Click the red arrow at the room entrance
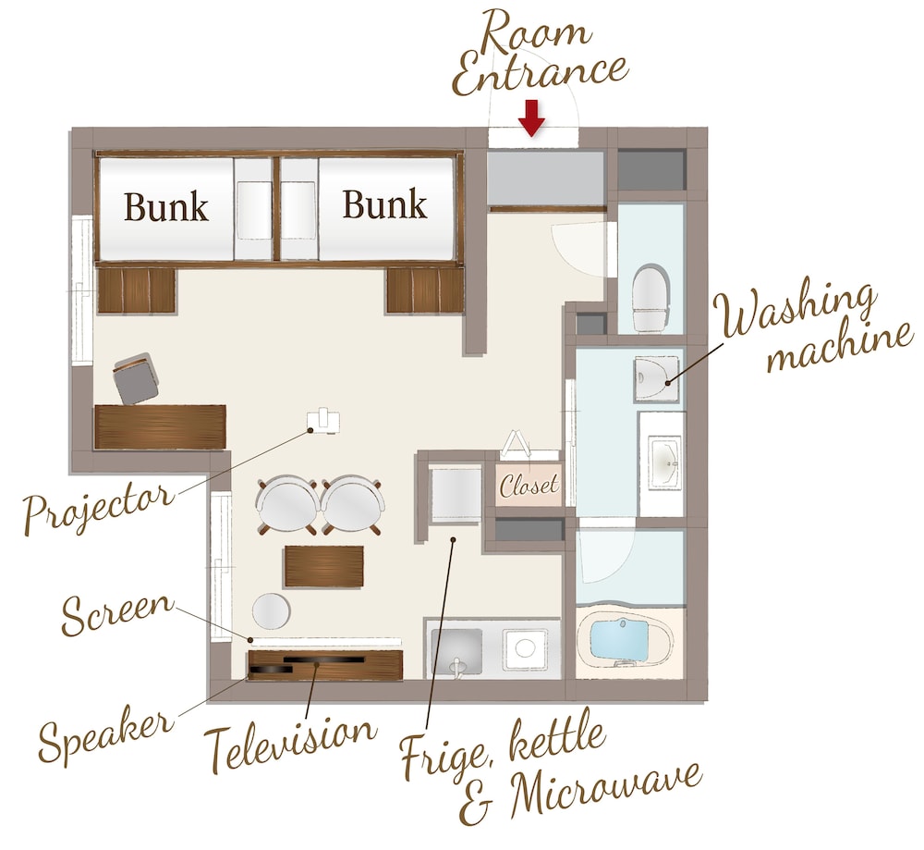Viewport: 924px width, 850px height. (532, 118)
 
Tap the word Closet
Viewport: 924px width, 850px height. (529, 485)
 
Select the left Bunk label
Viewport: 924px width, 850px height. (166, 206)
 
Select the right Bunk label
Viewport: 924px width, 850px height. (384, 204)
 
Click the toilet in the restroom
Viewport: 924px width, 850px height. (650, 298)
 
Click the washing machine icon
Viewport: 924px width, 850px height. (656, 379)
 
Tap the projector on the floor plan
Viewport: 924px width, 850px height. (322, 421)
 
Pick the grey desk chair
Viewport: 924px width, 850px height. (136, 378)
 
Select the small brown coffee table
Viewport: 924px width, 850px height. (323, 566)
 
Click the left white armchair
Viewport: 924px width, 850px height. (287, 505)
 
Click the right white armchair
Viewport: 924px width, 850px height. (352, 505)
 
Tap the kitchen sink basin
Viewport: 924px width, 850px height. (456, 651)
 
